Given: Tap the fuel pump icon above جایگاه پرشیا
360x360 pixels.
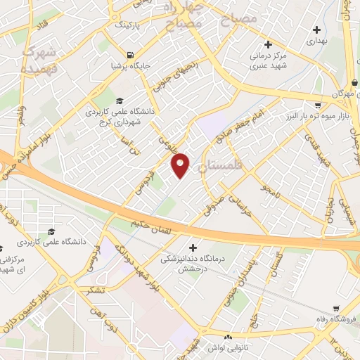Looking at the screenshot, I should pyautogui.click(x=129, y=55).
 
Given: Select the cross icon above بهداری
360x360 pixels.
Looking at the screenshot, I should pyautogui.click(x=317, y=30).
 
